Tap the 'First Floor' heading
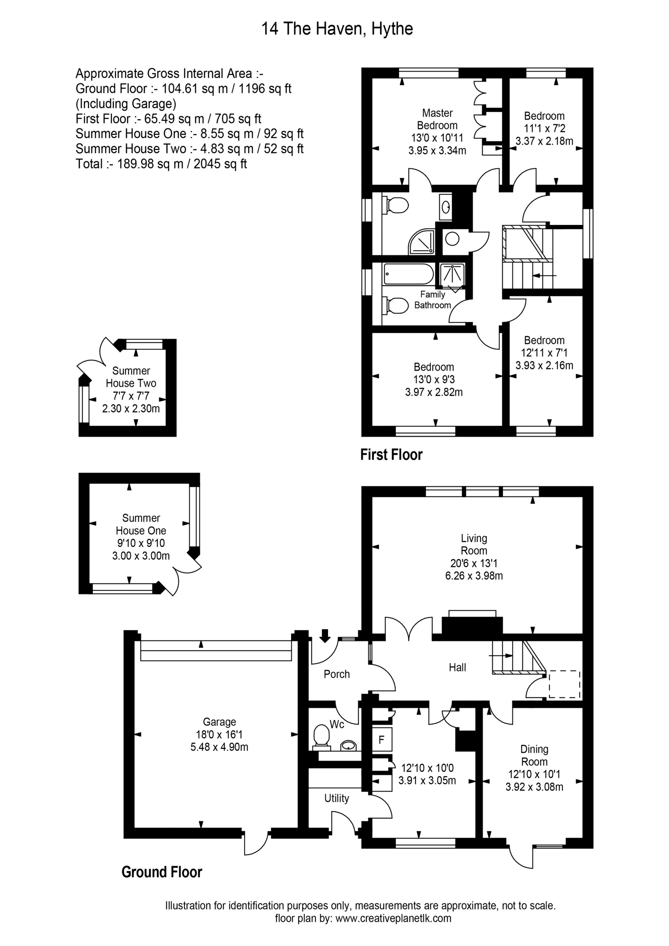[x=391, y=455]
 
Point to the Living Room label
[x=474, y=544]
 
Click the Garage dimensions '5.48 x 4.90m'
[x=219, y=747]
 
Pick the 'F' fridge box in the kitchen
[x=381, y=740]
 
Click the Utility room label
[x=336, y=798]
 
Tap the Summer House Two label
[x=131, y=377]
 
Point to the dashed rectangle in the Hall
[x=564, y=684]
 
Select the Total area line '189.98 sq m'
[x=161, y=164]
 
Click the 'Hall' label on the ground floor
[x=457, y=668]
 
